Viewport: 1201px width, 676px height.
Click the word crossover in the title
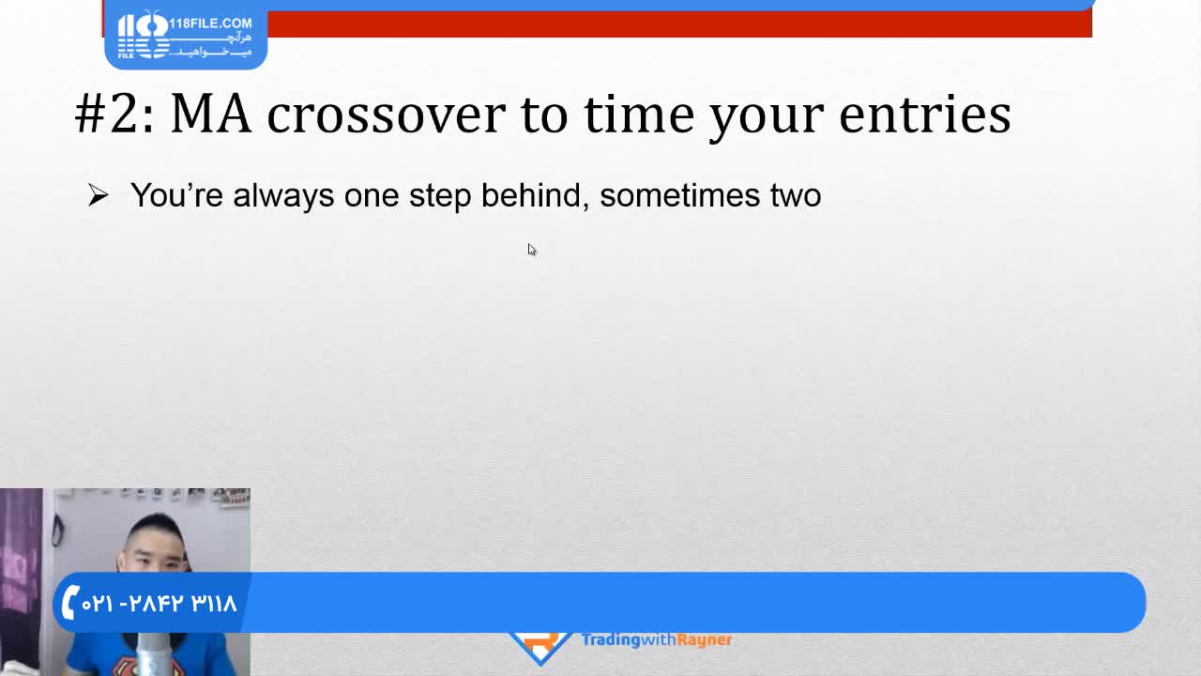point(386,115)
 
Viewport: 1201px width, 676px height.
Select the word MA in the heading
point(211,114)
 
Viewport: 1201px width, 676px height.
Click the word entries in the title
point(925,114)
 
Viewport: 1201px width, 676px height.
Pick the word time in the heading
point(639,114)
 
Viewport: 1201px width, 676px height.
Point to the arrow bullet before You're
point(99,195)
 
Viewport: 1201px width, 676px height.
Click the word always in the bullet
point(283,195)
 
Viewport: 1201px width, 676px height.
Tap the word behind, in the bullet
point(535,194)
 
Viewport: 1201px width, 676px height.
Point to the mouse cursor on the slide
point(531,250)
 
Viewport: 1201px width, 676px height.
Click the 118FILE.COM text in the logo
point(210,23)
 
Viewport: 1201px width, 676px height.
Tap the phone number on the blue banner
point(160,604)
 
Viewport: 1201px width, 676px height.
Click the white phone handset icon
point(69,602)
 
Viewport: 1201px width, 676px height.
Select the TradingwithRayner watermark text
point(657,640)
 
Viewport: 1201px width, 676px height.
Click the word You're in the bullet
point(176,194)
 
